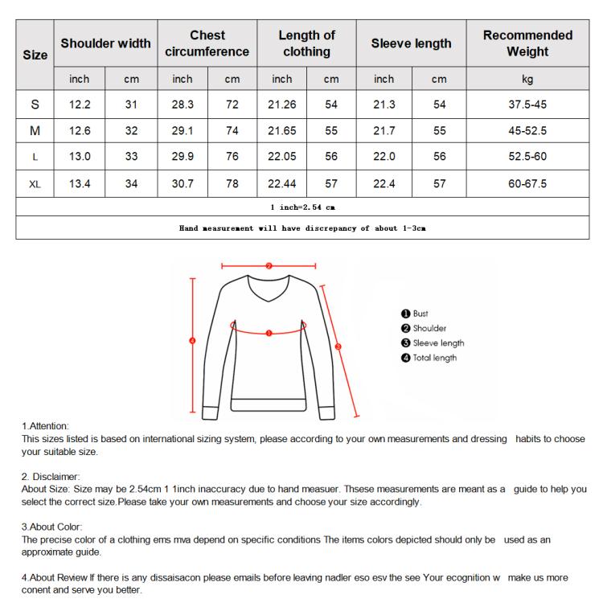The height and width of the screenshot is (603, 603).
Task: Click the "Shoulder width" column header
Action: [x=105, y=43]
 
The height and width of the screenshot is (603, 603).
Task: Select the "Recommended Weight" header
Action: [x=527, y=43]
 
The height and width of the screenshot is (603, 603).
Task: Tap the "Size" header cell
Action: [x=35, y=55]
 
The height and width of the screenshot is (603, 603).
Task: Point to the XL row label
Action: [x=35, y=183]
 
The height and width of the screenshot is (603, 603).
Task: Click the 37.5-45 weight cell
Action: [x=527, y=105]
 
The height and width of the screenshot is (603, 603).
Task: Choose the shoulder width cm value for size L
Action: [x=132, y=157]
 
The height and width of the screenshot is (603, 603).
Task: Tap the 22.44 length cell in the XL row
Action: [x=281, y=183]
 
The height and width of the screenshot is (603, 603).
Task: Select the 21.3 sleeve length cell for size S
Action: [x=384, y=105]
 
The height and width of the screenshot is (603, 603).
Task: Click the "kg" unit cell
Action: [x=527, y=79]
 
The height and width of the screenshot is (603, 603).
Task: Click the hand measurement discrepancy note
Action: [x=302, y=228]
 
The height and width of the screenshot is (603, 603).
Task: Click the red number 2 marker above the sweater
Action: [x=269, y=265]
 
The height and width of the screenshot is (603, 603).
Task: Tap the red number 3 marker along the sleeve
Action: [x=338, y=347]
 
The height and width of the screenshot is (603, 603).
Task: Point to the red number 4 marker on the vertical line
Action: [x=192, y=340]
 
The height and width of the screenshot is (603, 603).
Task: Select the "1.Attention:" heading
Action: [x=46, y=425]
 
